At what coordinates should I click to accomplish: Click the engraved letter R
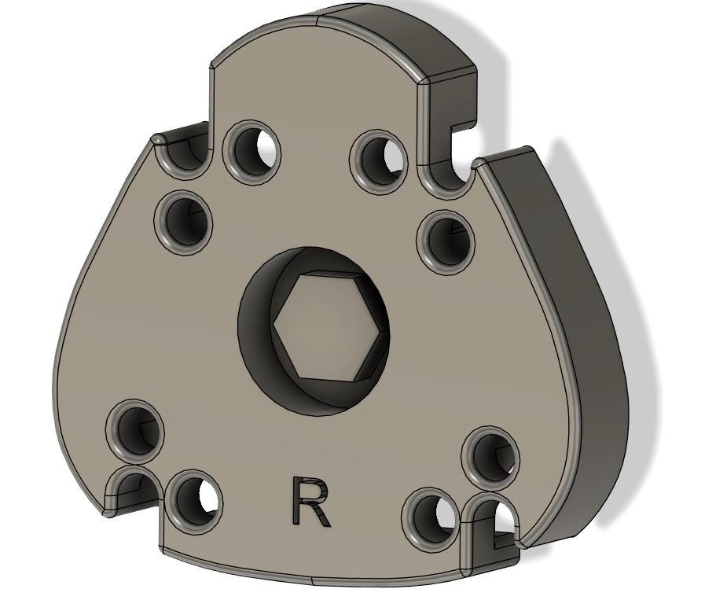tap(311, 502)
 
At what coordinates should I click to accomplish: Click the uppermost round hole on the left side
tap(252, 149)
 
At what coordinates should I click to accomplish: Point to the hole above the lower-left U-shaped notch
tap(135, 429)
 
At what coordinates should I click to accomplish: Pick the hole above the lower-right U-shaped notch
tap(490, 455)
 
